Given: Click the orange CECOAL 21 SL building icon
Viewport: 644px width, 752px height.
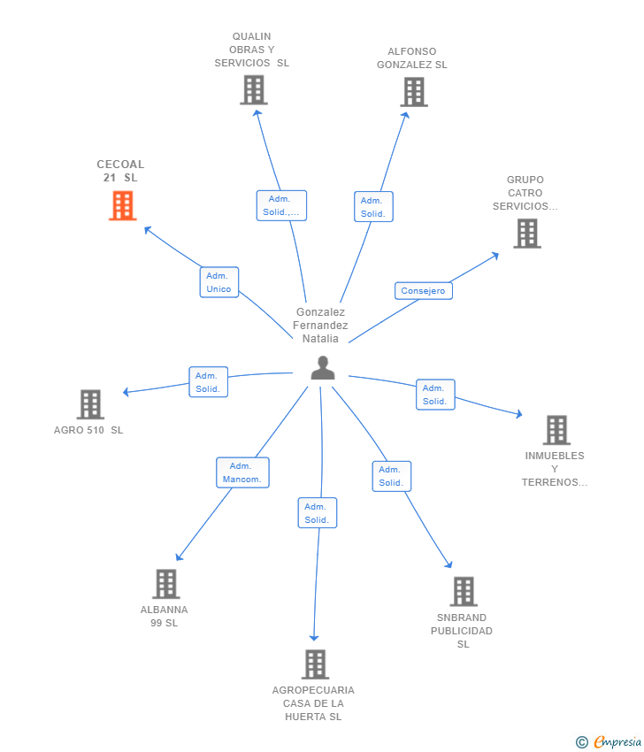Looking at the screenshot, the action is coord(123,206).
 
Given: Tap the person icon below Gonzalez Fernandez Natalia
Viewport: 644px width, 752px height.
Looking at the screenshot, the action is coord(323,368).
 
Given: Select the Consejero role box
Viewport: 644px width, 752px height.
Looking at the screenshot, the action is coord(424,291).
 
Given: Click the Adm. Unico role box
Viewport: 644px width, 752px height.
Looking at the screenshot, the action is coord(219,282).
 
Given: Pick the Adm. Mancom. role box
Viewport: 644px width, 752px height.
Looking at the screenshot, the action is coord(242,472).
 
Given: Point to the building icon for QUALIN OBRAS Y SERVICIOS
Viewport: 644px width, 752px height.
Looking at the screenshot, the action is coord(254,90).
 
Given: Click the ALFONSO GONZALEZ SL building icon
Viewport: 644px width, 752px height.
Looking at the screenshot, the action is coord(414,92).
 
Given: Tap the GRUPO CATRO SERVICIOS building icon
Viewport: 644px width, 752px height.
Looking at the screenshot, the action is coord(527,234).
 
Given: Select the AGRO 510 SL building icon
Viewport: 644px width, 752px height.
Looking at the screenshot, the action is coord(90,404).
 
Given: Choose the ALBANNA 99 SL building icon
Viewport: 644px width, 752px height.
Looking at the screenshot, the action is coord(166,584).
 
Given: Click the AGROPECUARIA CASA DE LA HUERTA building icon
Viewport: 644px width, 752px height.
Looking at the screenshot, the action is coord(316,664).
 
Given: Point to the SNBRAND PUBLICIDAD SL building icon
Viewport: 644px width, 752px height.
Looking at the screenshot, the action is coord(464,591).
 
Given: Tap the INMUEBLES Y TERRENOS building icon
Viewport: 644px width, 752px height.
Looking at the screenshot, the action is coord(556,430).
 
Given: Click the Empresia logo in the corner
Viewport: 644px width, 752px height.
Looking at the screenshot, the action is coord(609,741).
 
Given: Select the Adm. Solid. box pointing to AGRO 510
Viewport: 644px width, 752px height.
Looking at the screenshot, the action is coord(208,382).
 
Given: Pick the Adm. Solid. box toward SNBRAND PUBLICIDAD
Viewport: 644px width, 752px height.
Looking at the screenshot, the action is coord(392,476).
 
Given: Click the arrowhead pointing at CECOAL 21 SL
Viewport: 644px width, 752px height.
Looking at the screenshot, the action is coord(148,230).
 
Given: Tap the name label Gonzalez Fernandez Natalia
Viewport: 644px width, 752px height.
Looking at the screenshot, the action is coord(320,326).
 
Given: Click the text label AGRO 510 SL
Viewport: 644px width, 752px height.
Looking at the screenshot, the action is coord(88,430).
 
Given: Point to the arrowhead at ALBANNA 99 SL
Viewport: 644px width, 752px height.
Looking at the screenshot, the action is coord(179,557).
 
